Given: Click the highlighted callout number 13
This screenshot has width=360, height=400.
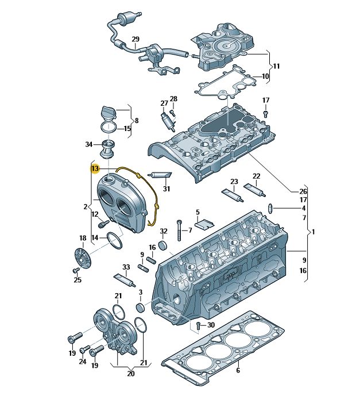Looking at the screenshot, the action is click(95, 168).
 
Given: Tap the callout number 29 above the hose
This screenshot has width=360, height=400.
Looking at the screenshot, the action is click(136, 39).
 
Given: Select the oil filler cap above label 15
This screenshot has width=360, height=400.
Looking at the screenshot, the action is click(108, 113).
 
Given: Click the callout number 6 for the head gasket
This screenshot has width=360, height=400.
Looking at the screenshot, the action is click(238, 370).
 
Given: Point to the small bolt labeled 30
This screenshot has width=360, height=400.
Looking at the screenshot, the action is click(199, 325).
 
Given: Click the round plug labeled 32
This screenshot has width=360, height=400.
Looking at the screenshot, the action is click(163, 245).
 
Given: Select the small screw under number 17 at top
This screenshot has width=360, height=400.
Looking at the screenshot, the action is click(266, 114).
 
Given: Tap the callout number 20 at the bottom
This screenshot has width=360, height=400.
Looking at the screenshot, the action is click(131, 374).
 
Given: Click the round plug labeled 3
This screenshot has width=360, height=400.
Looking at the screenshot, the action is click(140, 307).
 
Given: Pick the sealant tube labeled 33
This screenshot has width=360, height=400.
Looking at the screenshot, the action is click(125, 280).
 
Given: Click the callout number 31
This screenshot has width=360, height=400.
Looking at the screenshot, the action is click(167, 189).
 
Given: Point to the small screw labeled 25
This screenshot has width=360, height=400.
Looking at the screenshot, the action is click(76, 270).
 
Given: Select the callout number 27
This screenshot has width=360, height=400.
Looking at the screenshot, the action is click(164, 103).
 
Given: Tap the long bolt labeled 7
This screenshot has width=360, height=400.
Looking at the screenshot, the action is click(180, 230).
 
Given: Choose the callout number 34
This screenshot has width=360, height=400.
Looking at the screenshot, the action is click(88, 145).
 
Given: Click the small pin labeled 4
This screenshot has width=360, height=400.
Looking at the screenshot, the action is click(270, 209).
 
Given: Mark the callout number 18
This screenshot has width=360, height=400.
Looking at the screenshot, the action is click(83, 239).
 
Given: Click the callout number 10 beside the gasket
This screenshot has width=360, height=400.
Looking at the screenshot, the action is click(265, 76).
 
